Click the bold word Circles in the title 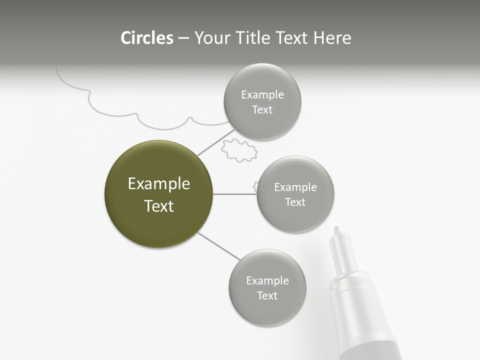coord(147,38)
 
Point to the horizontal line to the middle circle coord(234,194)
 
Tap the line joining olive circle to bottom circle coord(219,246)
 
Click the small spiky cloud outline coord(238,150)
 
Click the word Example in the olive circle coord(158,184)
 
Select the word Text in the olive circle coord(158,206)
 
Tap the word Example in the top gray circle coord(262,95)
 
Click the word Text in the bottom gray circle coord(267,295)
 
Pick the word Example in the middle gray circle coord(295,187)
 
